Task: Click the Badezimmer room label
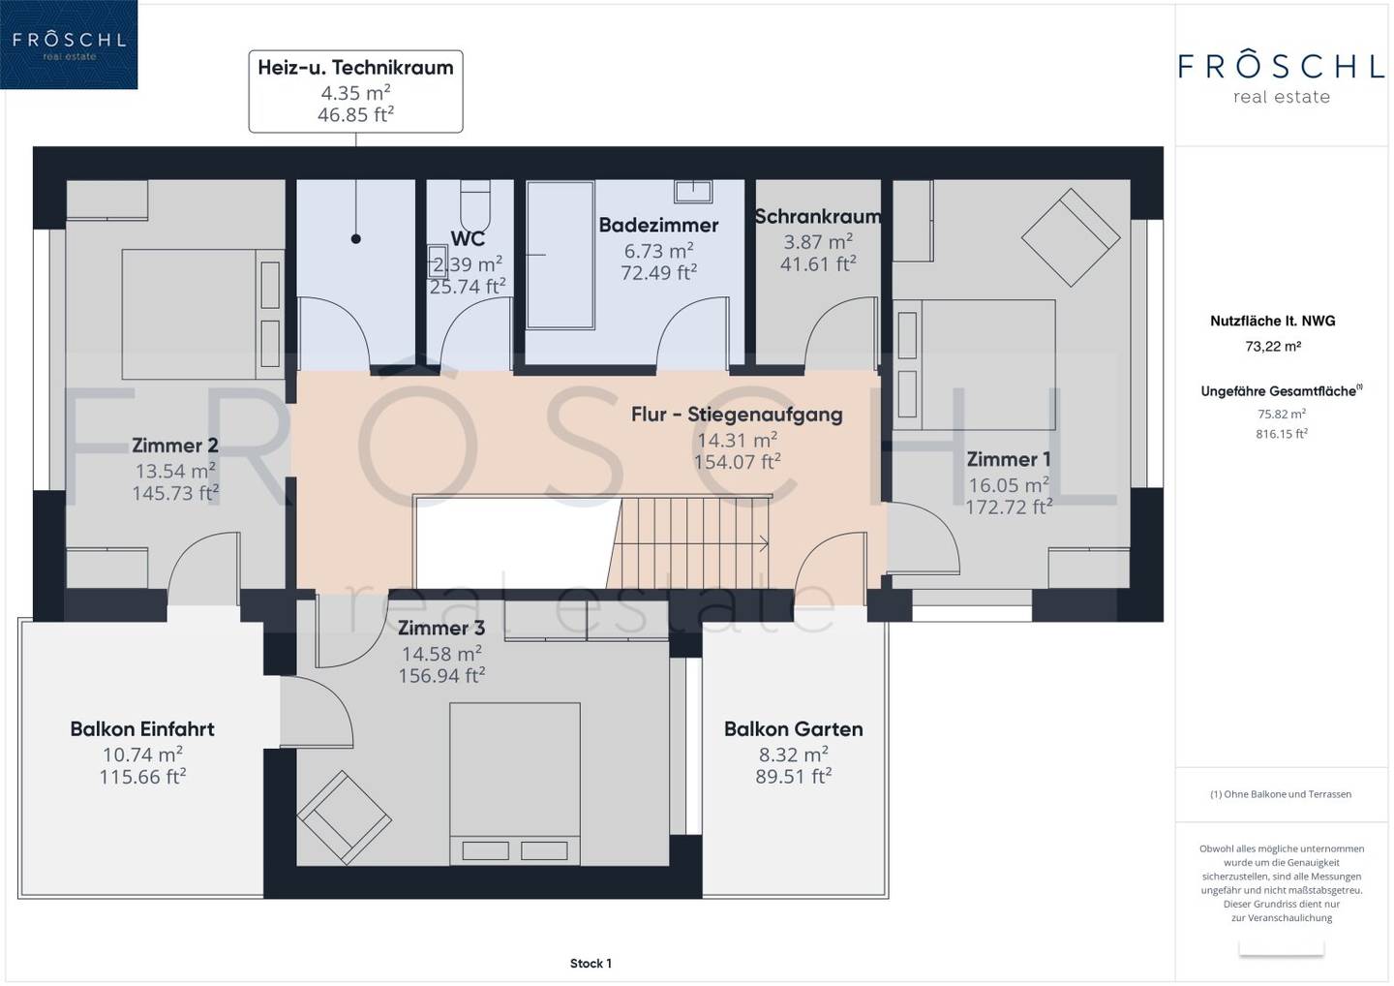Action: pos(658,225)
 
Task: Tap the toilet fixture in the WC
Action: pos(474,204)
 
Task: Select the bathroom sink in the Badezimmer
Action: pos(693,191)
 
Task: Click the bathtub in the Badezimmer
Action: pos(561,255)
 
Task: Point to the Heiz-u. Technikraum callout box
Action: pos(356,91)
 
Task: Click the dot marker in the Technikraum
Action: pos(356,238)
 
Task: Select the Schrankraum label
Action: pos(818,217)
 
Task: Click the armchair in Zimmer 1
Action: pos(1071,237)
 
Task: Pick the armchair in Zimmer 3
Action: pos(345,817)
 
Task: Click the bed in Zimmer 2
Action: pos(203,315)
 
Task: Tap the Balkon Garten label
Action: pos(794,729)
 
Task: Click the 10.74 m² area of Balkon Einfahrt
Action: pos(142,755)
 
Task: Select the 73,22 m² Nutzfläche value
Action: pos(1273,347)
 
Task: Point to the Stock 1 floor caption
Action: pos(591,964)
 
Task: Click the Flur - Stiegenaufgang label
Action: pos(737,415)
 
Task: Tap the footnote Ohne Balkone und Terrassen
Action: pos(1281,794)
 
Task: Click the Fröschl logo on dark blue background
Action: pos(69,45)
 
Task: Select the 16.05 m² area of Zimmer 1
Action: pos(1009,485)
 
